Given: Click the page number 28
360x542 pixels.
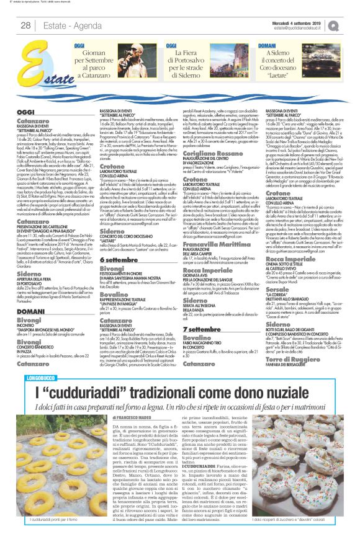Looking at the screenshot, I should coord(26,25).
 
